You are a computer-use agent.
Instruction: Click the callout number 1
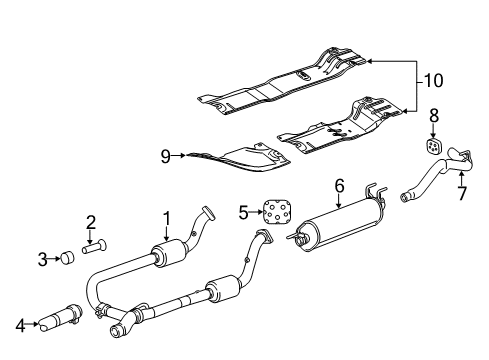click(168, 218)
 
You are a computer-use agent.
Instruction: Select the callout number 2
click(90, 221)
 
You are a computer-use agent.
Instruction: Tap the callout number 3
click(42, 259)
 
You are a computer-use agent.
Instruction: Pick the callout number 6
click(339, 185)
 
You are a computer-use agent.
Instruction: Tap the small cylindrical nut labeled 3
click(65, 259)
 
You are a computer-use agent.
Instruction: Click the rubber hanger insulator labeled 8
click(434, 146)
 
